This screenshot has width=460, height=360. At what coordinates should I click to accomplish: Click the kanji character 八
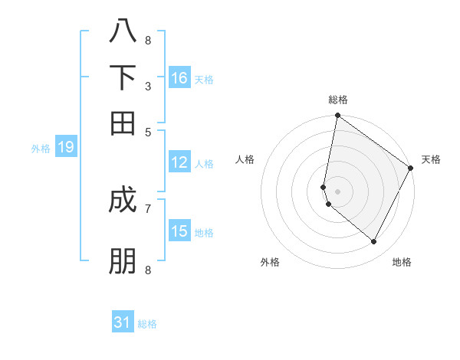click(x=123, y=31)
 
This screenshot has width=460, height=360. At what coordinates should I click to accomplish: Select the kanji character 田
click(x=123, y=122)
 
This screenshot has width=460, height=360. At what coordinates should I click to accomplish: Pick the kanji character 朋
click(x=123, y=261)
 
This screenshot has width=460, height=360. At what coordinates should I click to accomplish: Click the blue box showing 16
click(x=179, y=78)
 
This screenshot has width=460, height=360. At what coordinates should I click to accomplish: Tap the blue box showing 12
click(x=179, y=162)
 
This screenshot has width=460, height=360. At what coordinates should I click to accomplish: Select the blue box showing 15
click(x=179, y=231)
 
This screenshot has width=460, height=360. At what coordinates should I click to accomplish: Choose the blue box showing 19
click(x=66, y=148)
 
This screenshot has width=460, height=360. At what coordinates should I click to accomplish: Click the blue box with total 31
click(x=123, y=322)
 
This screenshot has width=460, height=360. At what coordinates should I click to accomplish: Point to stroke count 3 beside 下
click(x=148, y=86)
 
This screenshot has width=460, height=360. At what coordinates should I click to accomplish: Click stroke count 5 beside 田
click(x=148, y=132)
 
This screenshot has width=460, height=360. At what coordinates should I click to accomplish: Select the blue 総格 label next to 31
click(x=147, y=324)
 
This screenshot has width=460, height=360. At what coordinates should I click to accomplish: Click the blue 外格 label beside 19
click(x=41, y=149)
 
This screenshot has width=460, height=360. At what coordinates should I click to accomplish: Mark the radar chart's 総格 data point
click(x=337, y=116)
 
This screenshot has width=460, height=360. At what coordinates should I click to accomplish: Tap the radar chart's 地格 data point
click(x=374, y=242)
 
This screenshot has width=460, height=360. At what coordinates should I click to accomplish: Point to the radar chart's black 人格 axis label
click(x=245, y=159)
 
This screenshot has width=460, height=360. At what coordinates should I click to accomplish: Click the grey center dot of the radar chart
click(x=337, y=191)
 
